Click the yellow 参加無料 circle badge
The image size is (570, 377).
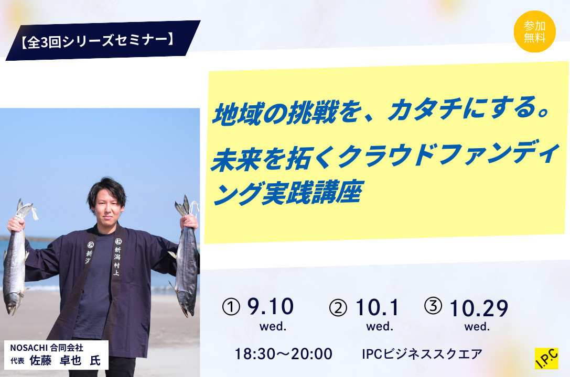pos(534,31)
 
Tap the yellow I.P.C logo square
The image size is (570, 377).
pos(546,359)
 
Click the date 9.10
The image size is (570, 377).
pos(271,307)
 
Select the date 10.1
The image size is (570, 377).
pos(377,307)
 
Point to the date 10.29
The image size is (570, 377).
pos(478,308)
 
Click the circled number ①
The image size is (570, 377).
pos(231,307)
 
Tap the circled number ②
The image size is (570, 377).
pos(338,308)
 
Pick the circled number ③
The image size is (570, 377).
pos(433,305)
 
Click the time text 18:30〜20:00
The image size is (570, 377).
pos(283,354)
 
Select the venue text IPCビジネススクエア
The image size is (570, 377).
pos(422,354)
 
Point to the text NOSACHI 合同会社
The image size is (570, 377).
pos(47,348)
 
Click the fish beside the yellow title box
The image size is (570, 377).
pos(186,256)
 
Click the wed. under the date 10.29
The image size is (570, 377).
pos(477,327)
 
